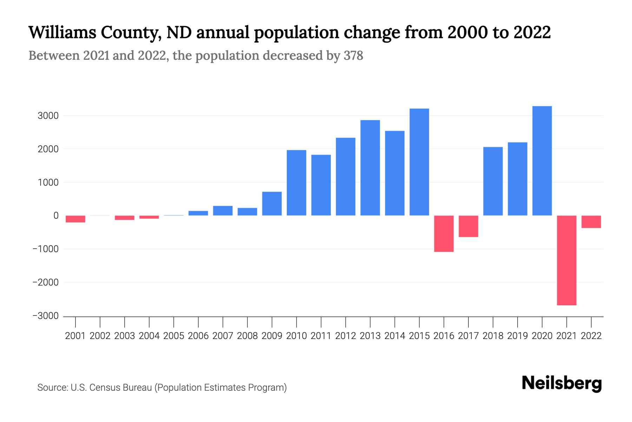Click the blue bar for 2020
[542, 161]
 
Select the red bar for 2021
[567, 260]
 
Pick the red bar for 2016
[444, 234]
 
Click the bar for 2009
[272, 204]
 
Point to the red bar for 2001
[75, 219]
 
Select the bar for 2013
[370, 168]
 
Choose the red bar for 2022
[591, 222]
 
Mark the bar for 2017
[468, 226]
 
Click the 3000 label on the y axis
[48, 116]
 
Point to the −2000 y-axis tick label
[46, 282]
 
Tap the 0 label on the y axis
[56, 216]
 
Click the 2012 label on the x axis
[345, 336]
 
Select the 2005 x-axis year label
[174, 336]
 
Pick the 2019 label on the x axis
[518, 336]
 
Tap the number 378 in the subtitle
[353, 56]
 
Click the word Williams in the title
[62, 32]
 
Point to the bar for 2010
[297, 183]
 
